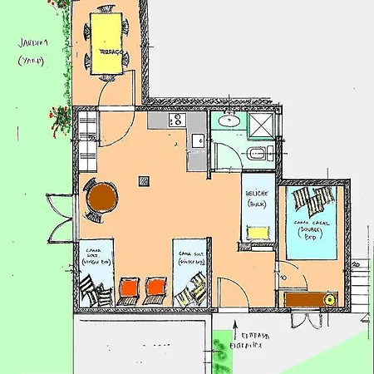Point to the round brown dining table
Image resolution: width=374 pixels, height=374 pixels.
click(x=102, y=198)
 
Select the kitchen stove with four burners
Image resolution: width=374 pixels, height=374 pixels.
click(x=175, y=121)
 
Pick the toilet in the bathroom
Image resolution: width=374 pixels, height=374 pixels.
click(x=257, y=154)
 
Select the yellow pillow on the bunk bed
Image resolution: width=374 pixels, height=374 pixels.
click(x=258, y=231)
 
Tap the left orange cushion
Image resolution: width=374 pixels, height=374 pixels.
click(x=129, y=288)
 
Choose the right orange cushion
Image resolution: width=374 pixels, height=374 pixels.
click(x=155, y=288)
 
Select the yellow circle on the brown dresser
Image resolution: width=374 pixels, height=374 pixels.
click(x=329, y=298)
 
